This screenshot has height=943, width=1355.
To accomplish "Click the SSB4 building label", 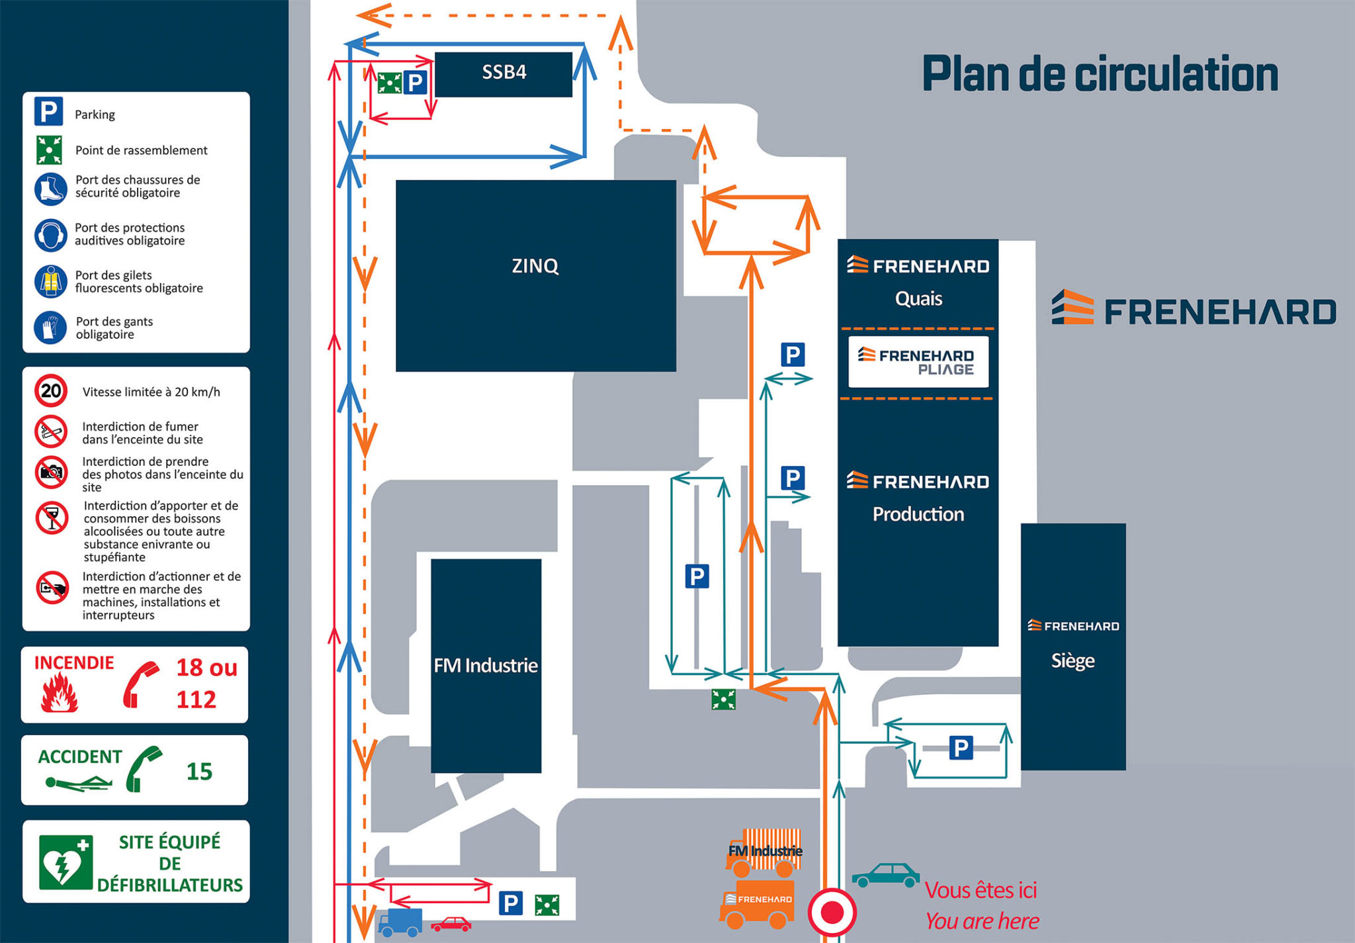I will pyautogui.click(x=503, y=72).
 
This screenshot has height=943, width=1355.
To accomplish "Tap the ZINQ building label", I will pyautogui.click(x=535, y=266).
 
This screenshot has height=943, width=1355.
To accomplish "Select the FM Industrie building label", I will pyautogui.click(x=486, y=665).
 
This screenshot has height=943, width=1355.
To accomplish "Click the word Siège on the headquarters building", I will pyautogui.click(x=1072, y=660).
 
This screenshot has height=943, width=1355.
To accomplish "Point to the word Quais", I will pyautogui.click(x=918, y=298).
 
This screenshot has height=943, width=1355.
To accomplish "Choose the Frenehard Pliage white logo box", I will pyautogui.click(x=918, y=362).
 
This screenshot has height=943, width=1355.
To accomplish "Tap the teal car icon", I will pyautogui.click(x=885, y=875).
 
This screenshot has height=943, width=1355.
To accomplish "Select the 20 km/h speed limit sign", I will pyautogui.click(x=51, y=391).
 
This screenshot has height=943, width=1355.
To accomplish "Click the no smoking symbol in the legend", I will pyautogui.click(x=51, y=432).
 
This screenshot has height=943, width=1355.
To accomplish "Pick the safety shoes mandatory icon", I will pyautogui.click(x=51, y=189).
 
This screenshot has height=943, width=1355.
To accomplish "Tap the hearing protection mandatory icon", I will pyautogui.click(x=51, y=235).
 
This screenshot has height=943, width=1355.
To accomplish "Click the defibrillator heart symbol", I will pyautogui.click(x=65, y=862).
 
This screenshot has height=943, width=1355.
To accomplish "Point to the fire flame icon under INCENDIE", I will pyautogui.click(x=60, y=692).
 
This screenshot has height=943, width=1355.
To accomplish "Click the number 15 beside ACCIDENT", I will pyautogui.click(x=198, y=772).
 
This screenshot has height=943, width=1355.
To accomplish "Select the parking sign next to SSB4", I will pyautogui.click(x=415, y=83).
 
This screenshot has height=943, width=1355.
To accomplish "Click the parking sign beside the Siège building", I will pyautogui.click(x=961, y=748).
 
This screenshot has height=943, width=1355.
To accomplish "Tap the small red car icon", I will pyautogui.click(x=451, y=924).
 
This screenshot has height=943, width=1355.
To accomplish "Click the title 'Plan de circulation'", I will pyautogui.click(x=1100, y=74).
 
